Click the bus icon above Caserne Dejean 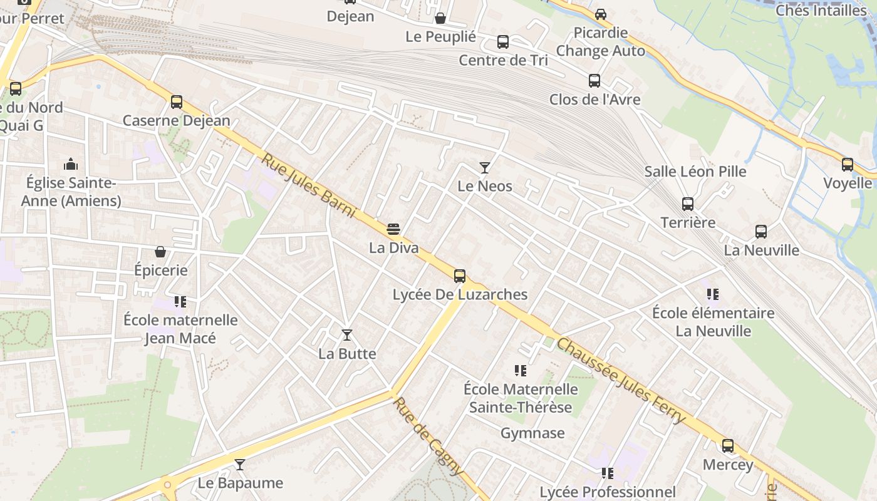(x=177, y=102)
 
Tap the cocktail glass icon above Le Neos (x=484, y=167)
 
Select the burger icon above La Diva (x=393, y=229)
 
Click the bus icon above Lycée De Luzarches (x=460, y=276)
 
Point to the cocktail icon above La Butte (x=347, y=335)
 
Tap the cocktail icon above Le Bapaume (x=240, y=465)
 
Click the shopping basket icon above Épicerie (x=160, y=252)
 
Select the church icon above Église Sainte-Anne (x=71, y=165)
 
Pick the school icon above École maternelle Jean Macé (x=180, y=302)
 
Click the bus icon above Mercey (x=727, y=446)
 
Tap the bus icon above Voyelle (x=848, y=165)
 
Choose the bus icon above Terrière (x=688, y=204)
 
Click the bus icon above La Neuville (x=761, y=232)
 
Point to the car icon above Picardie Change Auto (x=600, y=14)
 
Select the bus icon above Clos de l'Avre (x=594, y=81)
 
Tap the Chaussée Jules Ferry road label (x=621, y=381)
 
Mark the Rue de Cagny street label (x=429, y=436)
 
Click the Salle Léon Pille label (x=695, y=171)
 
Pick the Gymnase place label (x=532, y=433)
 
